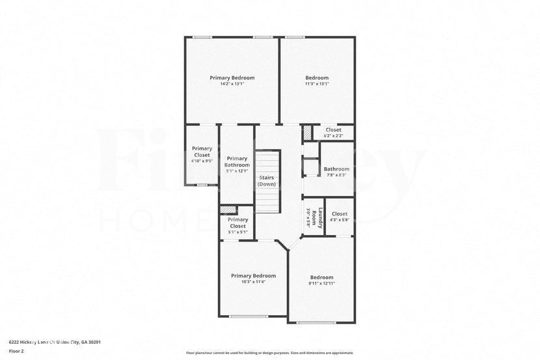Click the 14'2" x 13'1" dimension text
pos(232,84)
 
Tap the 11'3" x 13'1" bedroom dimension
pos(317,84)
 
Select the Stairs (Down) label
pos(267,180)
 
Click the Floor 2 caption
pos(16,351)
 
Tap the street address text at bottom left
pos(55,342)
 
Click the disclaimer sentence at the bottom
pos(270,353)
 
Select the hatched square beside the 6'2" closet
pos(307,132)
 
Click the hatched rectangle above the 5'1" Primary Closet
pos(228,210)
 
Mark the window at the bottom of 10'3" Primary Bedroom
pos(248,317)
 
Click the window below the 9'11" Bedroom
pos(316,322)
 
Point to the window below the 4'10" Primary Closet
pos(202,185)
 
